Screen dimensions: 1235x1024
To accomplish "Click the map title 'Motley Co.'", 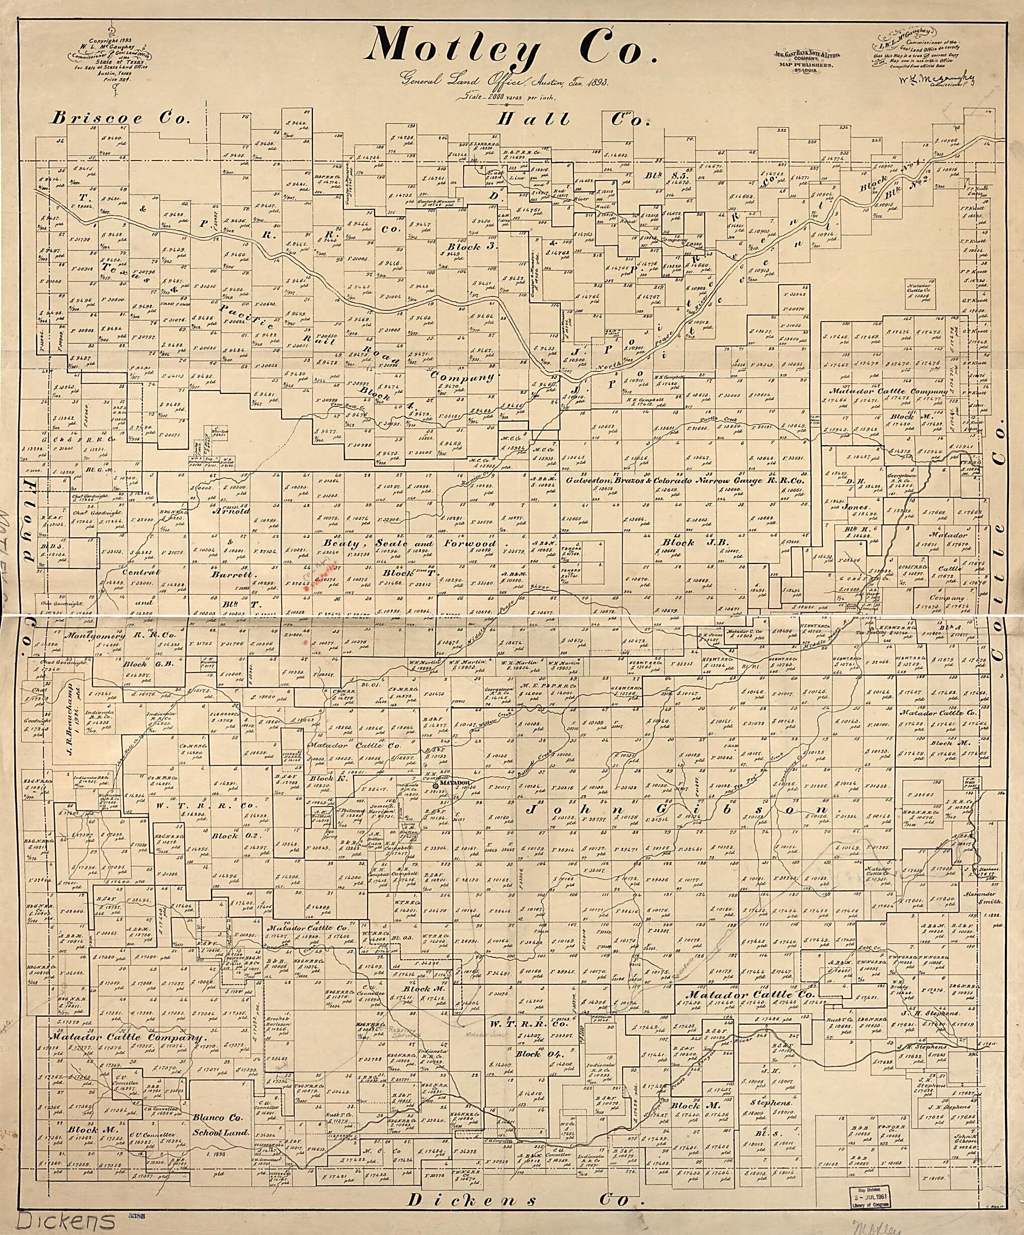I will (509, 46).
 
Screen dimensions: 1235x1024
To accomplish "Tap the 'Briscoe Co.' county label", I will (121, 118).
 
